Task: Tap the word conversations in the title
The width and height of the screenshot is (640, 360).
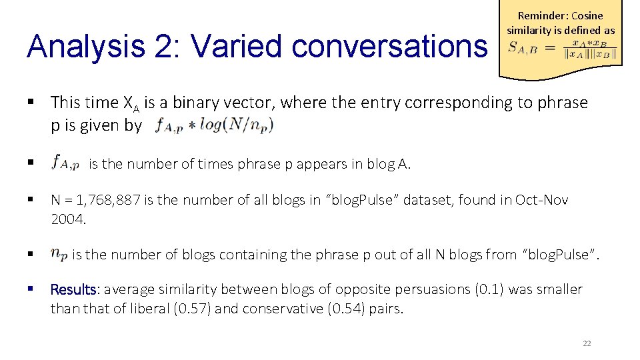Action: coord(389,47)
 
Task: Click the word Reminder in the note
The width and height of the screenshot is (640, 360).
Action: coord(541,16)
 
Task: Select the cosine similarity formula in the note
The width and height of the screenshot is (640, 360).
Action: coord(561,49)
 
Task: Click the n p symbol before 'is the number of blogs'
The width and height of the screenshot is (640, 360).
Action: coord(59,253)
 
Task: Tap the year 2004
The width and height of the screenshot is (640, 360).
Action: coord(67,217)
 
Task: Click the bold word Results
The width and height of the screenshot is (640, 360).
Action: coord(74,289)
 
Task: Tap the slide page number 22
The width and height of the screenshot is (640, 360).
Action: coord(587,343)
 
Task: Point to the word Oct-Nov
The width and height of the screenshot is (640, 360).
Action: coord(541,200)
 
